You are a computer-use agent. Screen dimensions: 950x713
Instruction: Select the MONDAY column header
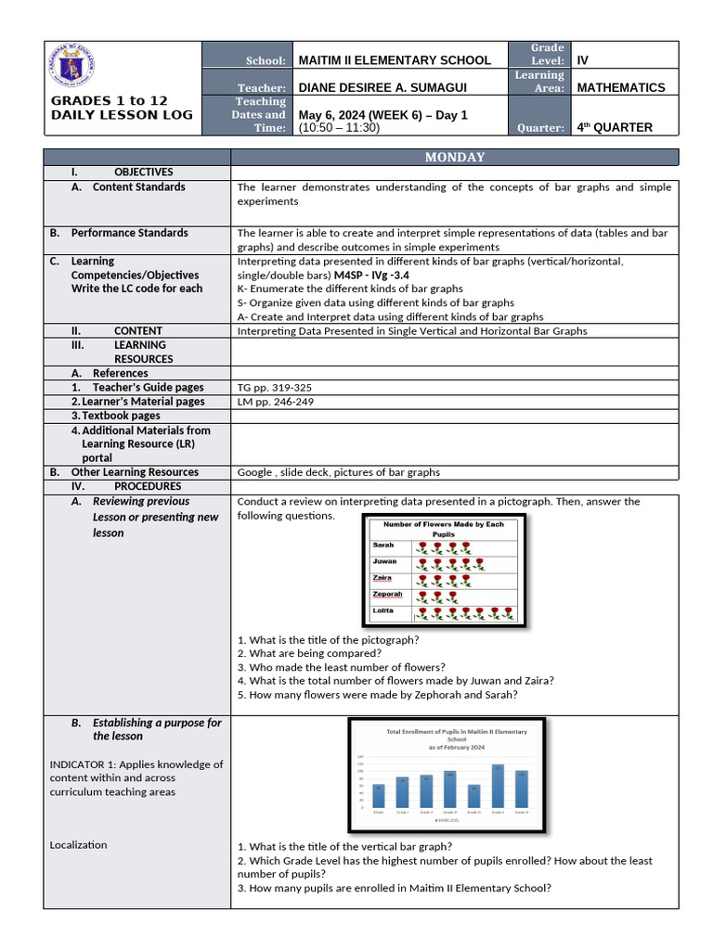tap(455, 157)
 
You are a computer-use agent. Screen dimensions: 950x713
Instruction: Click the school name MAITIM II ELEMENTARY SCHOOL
tap(395, 60)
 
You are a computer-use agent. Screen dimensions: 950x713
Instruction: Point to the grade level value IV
tap(583, 60)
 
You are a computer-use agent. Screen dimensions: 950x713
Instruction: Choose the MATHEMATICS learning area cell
tap(621, 87)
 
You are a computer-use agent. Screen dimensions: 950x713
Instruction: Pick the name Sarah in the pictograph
tap(383, 546)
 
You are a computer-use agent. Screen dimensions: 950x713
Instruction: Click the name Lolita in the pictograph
tap(383, 610)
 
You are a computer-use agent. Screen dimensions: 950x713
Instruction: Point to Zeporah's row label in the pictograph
tap(387, 594)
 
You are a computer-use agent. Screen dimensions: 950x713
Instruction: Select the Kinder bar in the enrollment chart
tap(379, 795)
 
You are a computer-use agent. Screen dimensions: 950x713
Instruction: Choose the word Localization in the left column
tap(78, 845)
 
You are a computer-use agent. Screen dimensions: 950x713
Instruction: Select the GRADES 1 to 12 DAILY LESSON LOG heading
tap(122, 108)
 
